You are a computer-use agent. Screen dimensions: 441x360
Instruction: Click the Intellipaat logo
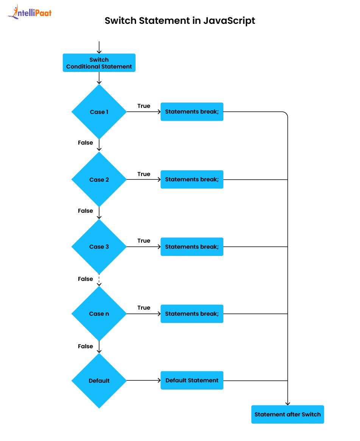click(30, 12)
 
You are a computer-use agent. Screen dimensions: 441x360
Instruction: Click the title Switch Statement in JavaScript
click(180, 20)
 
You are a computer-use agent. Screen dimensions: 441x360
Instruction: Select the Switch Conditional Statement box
click(99, 63)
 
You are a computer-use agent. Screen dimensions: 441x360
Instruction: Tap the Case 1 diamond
click(99, 112)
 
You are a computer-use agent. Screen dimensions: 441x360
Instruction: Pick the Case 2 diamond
click(99, 179)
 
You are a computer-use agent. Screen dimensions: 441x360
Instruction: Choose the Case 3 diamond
click(99, 246)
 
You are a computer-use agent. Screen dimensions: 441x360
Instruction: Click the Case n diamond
click(99, 313)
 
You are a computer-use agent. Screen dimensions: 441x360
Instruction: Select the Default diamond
click(99, 380)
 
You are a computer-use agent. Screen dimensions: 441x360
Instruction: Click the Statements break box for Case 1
click(192, 112)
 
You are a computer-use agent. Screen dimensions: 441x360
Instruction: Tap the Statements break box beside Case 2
click(192, 179)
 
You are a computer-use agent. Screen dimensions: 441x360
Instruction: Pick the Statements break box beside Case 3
click(192, 246)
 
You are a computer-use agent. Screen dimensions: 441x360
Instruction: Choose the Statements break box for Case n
click(192, 313)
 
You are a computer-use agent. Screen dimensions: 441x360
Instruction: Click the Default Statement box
click(192, 380)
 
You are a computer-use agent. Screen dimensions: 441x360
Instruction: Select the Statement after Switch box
click(287, 415)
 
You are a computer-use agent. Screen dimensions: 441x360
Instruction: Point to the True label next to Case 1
click(144, 106)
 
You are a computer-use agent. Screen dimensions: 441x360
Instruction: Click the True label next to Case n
click(144, 308)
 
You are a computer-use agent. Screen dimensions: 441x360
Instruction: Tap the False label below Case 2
click(86, 211)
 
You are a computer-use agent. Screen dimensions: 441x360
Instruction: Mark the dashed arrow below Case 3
click(99, 280)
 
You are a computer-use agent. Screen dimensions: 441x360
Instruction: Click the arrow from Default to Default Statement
click(143, 380)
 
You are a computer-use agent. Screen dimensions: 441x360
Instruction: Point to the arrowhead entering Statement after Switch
click(288, 404)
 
